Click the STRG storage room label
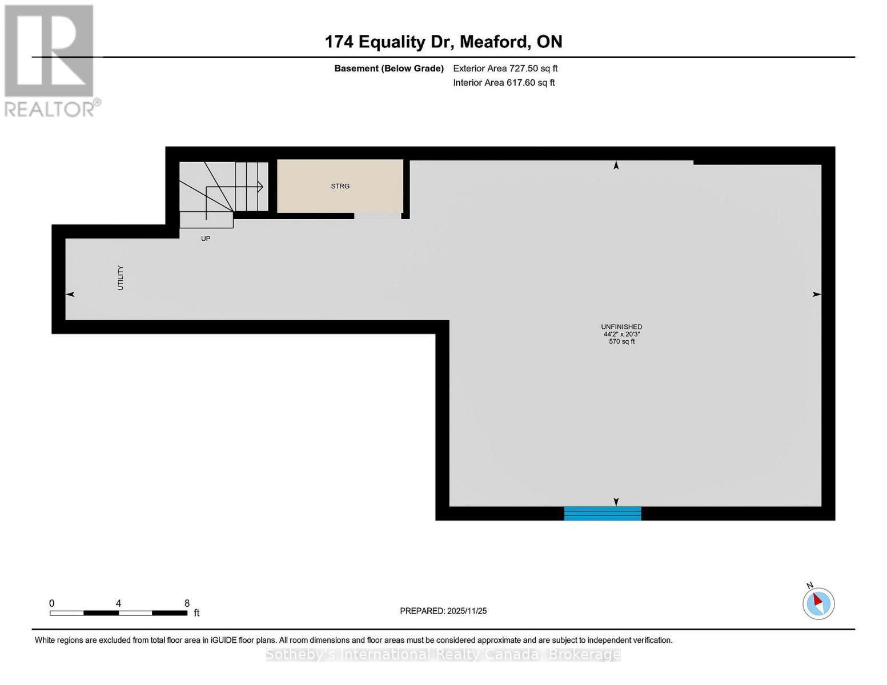340,186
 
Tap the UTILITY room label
121,278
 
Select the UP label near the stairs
206,239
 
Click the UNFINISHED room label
621,327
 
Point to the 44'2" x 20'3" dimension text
621,335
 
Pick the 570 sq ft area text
621,342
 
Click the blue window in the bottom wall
603,514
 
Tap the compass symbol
818,603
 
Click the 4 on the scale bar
118,603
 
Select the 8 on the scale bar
187,603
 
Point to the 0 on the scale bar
52,603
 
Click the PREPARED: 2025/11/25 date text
443,611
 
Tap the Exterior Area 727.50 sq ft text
505,68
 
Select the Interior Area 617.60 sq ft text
504,83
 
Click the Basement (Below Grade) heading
388,68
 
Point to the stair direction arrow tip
262,187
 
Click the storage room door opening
377,216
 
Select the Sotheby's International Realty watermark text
443,655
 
